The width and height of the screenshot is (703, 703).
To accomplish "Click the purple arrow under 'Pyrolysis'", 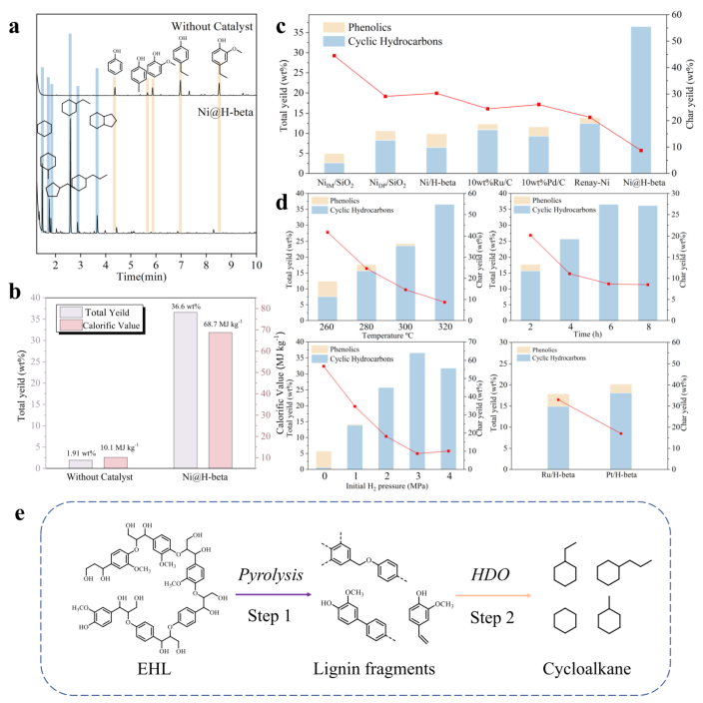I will pyautogui.click(x=264, y=593).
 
